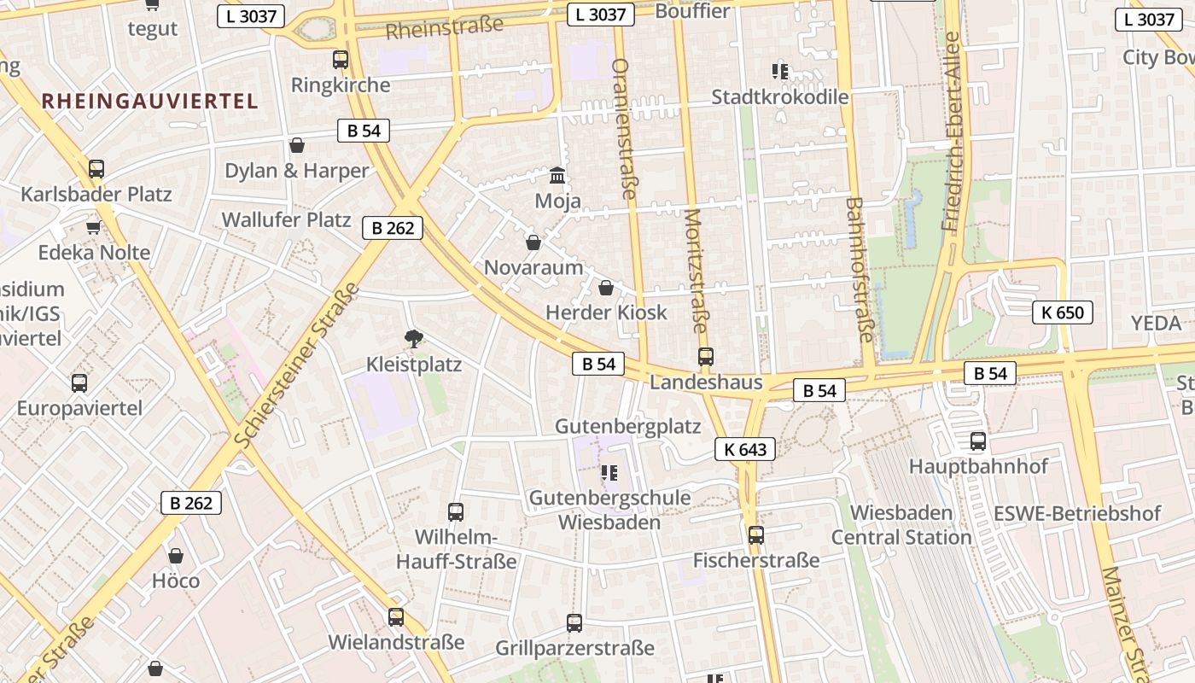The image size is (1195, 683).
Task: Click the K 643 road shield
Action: (745, 449)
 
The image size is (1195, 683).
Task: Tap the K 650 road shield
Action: (1063, 312)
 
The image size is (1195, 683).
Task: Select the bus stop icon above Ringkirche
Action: (341, 60)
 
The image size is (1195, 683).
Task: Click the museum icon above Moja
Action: (557, 176)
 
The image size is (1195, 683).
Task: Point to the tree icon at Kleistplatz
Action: (414, 339)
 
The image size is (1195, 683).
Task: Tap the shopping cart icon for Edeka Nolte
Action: (94, 227)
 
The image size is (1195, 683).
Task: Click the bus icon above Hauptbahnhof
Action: (978, 441)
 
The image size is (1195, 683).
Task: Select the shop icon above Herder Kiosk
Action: (606, 288)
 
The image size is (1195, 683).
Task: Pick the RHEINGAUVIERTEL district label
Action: (149, 101)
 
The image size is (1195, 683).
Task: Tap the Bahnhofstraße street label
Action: (860, 270)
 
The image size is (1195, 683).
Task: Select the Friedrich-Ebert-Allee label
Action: (951, 132)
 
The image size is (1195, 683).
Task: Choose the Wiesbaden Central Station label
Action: (901, 525)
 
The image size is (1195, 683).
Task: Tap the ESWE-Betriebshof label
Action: (1077, 514)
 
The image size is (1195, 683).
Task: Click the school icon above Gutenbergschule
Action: (609, 472)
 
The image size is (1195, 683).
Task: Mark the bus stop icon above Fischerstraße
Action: (756, 535)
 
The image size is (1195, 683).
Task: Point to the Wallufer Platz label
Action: (286, 219)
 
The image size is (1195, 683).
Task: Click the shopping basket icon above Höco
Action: (176, 556)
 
